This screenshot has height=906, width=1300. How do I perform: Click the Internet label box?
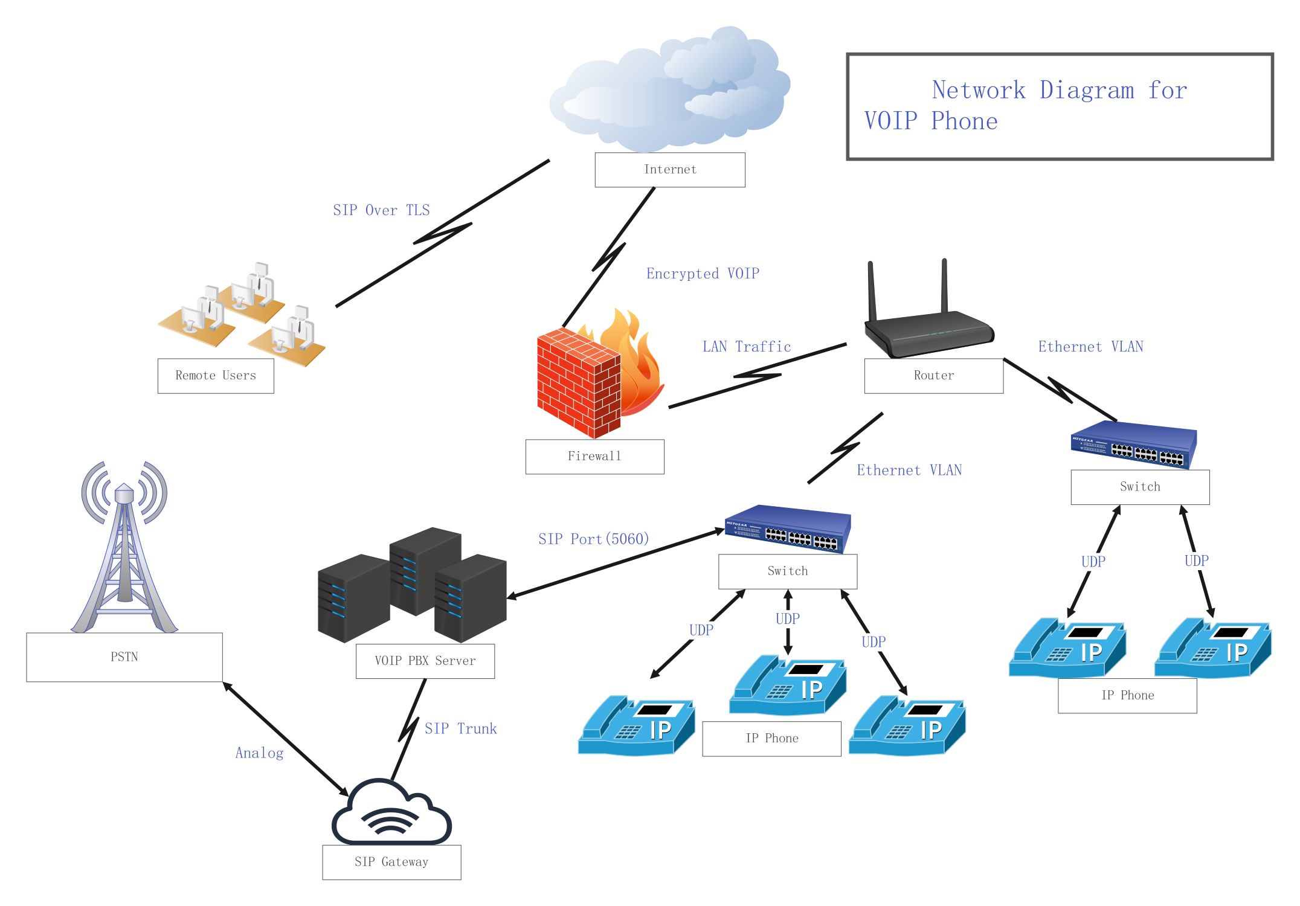(669, 170)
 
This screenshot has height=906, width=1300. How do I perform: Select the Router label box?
(933, 376)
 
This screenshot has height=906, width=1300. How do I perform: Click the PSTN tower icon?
(124, 550)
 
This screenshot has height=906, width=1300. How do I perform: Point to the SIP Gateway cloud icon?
(391, 813)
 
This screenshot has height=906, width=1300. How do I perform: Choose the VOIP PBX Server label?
(425, 661)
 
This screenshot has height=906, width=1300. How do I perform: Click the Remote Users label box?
(216, 376)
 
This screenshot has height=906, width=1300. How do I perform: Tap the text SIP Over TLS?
(381, 210)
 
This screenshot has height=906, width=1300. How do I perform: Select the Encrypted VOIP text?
(703, 274)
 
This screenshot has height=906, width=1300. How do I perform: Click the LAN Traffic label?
(746, 347)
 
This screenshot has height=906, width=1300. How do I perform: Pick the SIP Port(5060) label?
(593, 539)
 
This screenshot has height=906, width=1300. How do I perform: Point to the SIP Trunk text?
(460, 729)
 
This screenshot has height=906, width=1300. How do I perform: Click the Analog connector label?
(259, 753)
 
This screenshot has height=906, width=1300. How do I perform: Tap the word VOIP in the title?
(891, 121)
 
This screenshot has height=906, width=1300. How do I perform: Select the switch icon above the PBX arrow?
(788, 529)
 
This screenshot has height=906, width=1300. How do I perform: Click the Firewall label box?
(594, 457)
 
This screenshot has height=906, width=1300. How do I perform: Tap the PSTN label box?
(124, 657)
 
